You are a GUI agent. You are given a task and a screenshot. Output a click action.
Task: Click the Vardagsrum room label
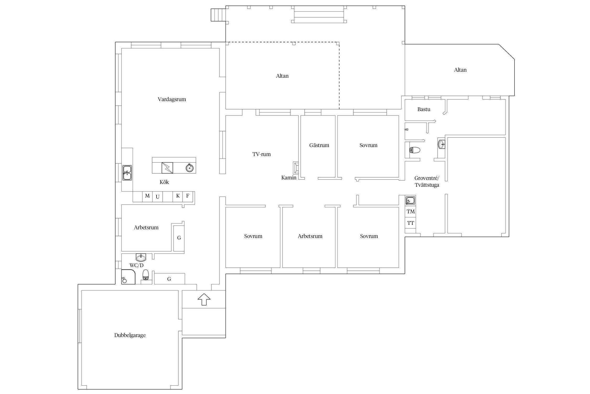pos(172,99)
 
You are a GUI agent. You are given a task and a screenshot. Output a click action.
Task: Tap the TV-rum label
pos(261,154)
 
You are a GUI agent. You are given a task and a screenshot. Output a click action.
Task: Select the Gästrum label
pos(319,145)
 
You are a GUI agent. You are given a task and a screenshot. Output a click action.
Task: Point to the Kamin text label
pos(289,178)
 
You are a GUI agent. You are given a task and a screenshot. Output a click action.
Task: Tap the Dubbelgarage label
pos(130,335)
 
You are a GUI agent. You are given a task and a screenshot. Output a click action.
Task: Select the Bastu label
pos(424,109)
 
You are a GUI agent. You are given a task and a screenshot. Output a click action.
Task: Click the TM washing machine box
pos(410,211)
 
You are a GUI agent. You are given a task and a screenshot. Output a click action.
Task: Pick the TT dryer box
pos(410,223)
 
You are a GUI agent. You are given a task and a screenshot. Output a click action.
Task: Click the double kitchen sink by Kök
pos(127,173)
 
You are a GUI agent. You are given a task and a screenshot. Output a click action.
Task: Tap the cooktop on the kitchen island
pos(167,168)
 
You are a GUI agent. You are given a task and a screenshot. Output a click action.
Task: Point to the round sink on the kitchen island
pos(190,168)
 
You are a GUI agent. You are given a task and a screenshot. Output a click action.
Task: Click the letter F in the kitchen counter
pos(187,196)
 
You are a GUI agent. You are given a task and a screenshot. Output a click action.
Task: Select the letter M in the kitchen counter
pos(147,196)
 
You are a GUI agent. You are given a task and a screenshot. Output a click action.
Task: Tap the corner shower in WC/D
pos(128,277)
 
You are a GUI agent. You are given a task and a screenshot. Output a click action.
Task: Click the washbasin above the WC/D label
pos(141,257)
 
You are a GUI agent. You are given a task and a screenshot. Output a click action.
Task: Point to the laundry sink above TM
pos(410,200)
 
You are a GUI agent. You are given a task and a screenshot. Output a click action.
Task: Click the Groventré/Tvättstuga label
pos(427,182)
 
